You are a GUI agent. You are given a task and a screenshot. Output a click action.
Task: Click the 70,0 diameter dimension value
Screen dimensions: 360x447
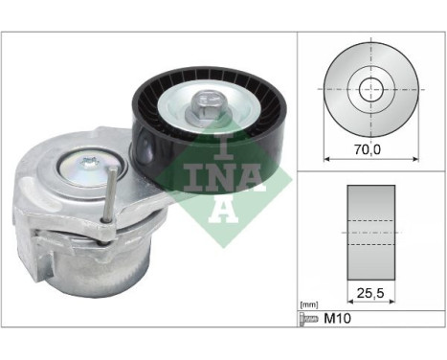(x=370, y=148)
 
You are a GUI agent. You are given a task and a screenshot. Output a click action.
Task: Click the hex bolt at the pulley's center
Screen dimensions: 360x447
(x=206, y=102)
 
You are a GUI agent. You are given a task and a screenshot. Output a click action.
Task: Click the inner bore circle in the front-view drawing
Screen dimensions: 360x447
(x=369, y=90)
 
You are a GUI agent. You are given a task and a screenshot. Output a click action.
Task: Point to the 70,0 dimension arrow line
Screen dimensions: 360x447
(x=370, y=159)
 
